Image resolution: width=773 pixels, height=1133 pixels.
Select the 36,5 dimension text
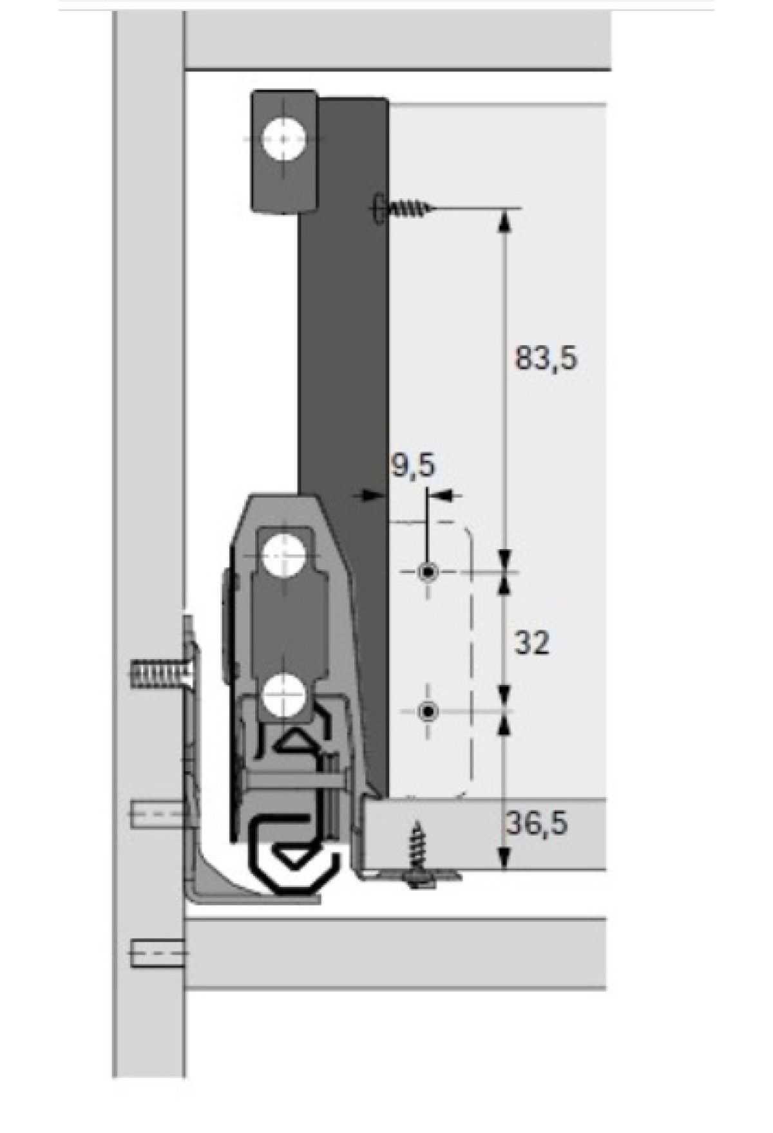point(537,823)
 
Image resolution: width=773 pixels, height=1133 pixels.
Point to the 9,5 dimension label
point(413,465)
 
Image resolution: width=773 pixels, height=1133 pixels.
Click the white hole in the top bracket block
point(284,138)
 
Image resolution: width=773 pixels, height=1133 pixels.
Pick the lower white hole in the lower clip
point(283,695)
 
